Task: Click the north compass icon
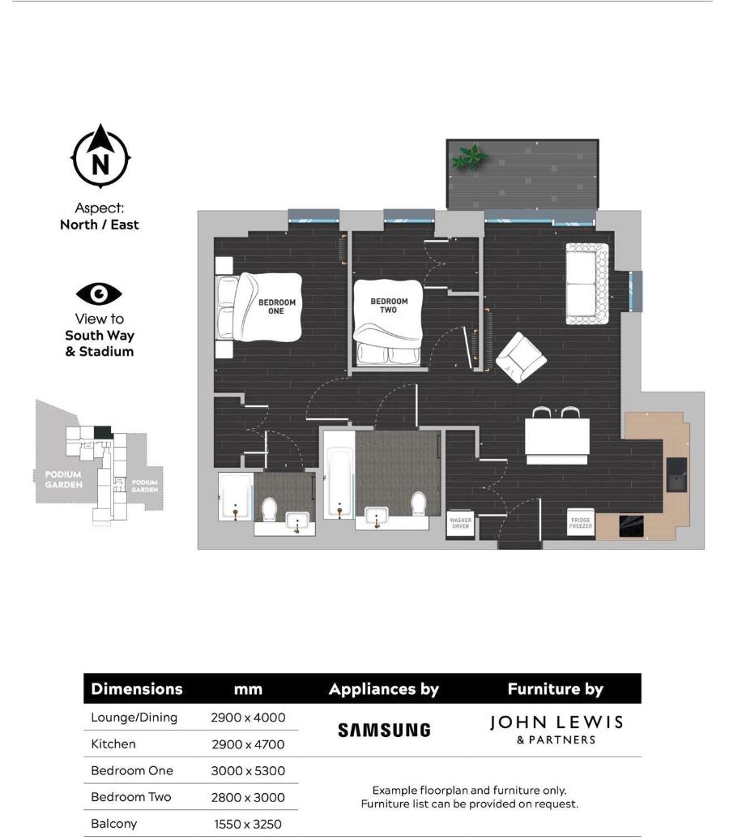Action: (100, 157)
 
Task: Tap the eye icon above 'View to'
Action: (99, 294)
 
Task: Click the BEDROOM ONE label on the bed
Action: (276, 306)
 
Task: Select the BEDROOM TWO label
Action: (389, 305)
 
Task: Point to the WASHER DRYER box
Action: (460, 523)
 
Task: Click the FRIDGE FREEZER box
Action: (580, 523)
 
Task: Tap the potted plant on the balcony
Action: (467, 156)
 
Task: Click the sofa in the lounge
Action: (586, 284)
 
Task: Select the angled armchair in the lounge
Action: (521, 358)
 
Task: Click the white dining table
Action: (556, 438)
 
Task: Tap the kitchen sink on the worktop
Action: (676, 474)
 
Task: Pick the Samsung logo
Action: (384, 730)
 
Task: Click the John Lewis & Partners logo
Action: (556, 728)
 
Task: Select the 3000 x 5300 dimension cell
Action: (248, 771)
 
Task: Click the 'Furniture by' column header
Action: (555, 689)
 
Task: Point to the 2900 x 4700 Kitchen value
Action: (248, 744)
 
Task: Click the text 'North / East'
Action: (100, 225)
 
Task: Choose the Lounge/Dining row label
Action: (134, 718)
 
